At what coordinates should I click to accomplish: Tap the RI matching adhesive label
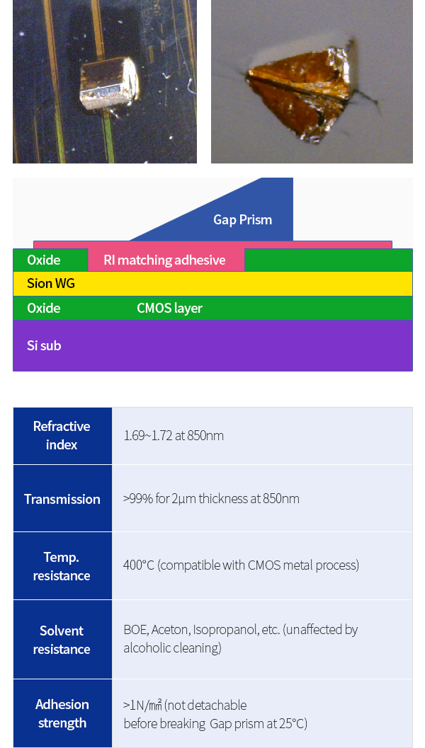click(164, 260)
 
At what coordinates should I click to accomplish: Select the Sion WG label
click(50, 283)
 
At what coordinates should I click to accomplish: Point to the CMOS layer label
click(169, 308)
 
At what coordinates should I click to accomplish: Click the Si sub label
click(44, 345)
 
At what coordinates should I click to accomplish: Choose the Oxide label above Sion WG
click(43, 260)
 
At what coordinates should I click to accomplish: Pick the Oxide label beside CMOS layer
click(43, 308)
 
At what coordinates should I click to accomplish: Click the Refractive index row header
click(62, 435)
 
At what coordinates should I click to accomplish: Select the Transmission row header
click(62, 499)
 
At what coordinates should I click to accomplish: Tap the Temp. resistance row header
click(62, 566)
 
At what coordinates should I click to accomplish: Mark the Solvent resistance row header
click(62, 640)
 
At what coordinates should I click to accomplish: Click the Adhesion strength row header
click(62, 713)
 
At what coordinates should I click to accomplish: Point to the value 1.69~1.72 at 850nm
click(174, 435)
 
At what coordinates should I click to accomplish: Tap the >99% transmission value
click(138, 499)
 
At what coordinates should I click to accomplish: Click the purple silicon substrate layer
click(212, 345)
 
